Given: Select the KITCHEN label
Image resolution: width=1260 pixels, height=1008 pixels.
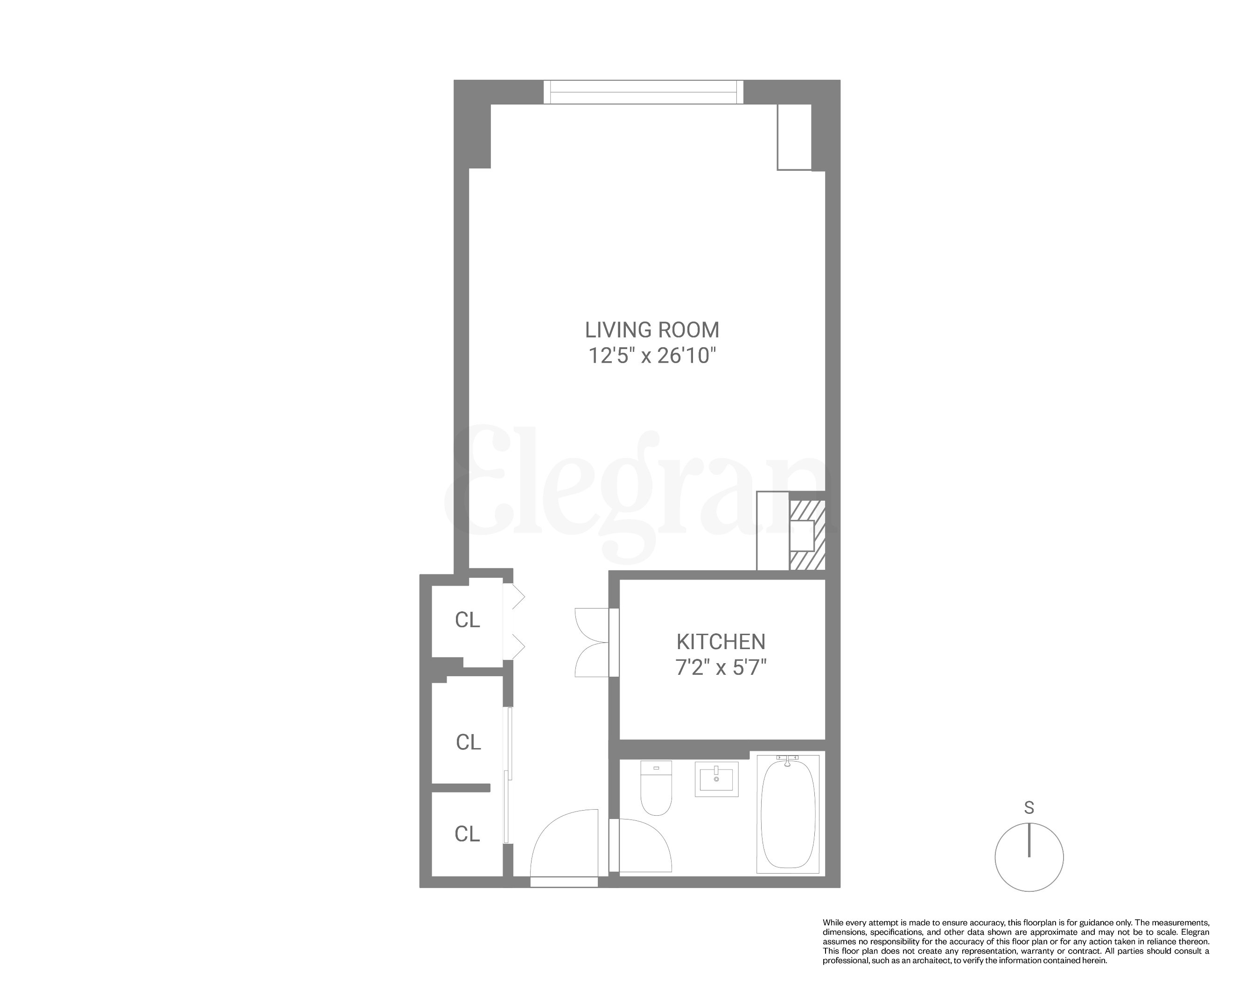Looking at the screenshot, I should point(721,642).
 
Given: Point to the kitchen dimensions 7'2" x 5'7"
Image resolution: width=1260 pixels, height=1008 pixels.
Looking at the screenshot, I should point(721,667).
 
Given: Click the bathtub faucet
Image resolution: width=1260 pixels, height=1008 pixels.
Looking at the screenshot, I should point(787,760).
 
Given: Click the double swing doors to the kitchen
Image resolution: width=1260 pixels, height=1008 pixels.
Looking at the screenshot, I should point(591,643).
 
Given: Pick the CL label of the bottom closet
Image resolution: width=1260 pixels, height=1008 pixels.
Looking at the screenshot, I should point(468,834).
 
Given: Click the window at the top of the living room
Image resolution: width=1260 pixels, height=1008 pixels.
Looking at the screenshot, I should point(643,92).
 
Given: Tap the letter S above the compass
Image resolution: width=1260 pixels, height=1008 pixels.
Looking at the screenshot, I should point(1029,808).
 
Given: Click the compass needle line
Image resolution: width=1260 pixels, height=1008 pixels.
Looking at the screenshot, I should point(1029,840).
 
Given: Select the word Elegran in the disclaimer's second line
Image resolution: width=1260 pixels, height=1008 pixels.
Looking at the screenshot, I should point(1196,932).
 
